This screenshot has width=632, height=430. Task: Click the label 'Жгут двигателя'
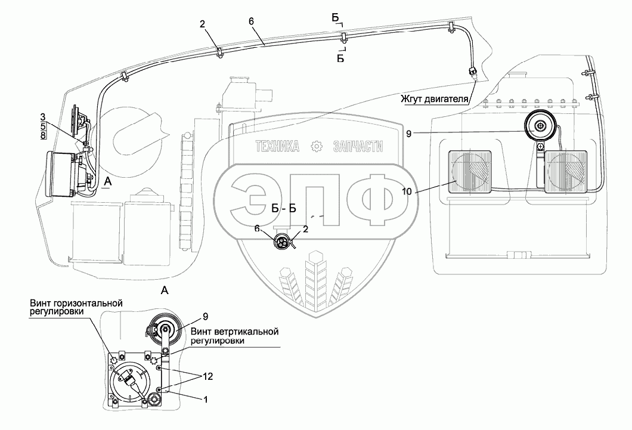pos(434,99)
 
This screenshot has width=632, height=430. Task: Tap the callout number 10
pos(407,191)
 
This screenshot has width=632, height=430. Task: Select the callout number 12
pos(208,376)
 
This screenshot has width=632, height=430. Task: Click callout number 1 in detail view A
pos(206,400)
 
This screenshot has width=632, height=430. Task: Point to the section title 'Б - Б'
pos(284,208)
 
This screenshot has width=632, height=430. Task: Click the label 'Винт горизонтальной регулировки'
pos(75,307)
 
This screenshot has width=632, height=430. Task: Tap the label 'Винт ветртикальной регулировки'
pos(234,336)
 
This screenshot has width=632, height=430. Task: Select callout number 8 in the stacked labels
pos(43,135)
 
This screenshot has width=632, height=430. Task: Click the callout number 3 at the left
pos(43,117)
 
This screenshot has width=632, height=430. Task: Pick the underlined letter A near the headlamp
pos(107,182)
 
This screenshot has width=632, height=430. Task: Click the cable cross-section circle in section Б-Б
pos(282,242)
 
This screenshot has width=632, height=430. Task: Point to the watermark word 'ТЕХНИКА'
pos(278,146)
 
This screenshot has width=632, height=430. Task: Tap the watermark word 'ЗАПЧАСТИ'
pos(358,146)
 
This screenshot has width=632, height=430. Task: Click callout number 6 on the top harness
pos(251,21)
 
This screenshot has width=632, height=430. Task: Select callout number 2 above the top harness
pos(202,24)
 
